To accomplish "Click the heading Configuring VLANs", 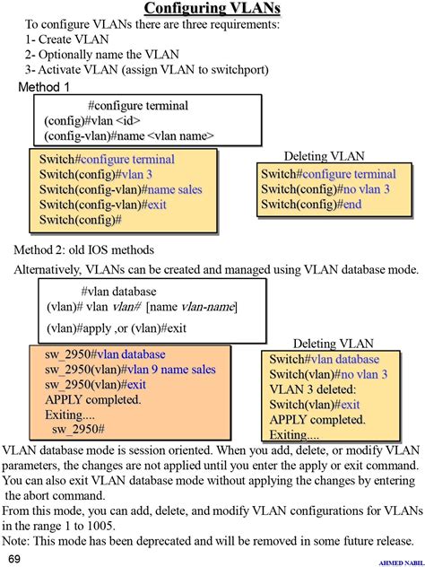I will pyautogui.click(x=212, y=9).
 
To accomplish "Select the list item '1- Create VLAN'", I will pyautogui.click(x=67, y=39).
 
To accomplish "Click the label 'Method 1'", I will pyautogui.click(x=44, y=87).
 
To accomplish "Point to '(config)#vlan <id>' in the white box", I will pyautogui.click(x=91, y=121).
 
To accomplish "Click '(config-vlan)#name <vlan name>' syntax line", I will pyautogui.click(x=129, y=136).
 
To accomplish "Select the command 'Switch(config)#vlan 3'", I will pyautogui.click(x=96, y=175).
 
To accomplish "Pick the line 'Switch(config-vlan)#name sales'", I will pyautogui.click(x=121, y=189).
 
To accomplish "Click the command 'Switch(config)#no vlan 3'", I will pyautogui.click(x=325, y=189).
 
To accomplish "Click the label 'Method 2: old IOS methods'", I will pyautogui.click(x=83, y=249).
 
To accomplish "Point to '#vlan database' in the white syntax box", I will pyautogui.click(x=117, y=292).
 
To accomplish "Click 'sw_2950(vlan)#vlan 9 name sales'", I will pyautogui.click(x=130, y=370).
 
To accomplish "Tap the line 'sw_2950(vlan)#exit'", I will pyautogui.click(x=96, y=385).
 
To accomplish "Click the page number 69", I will pyautogui.click(x=15, y=558).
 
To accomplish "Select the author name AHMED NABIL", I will pyautogui.click(x=401, y=562).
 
